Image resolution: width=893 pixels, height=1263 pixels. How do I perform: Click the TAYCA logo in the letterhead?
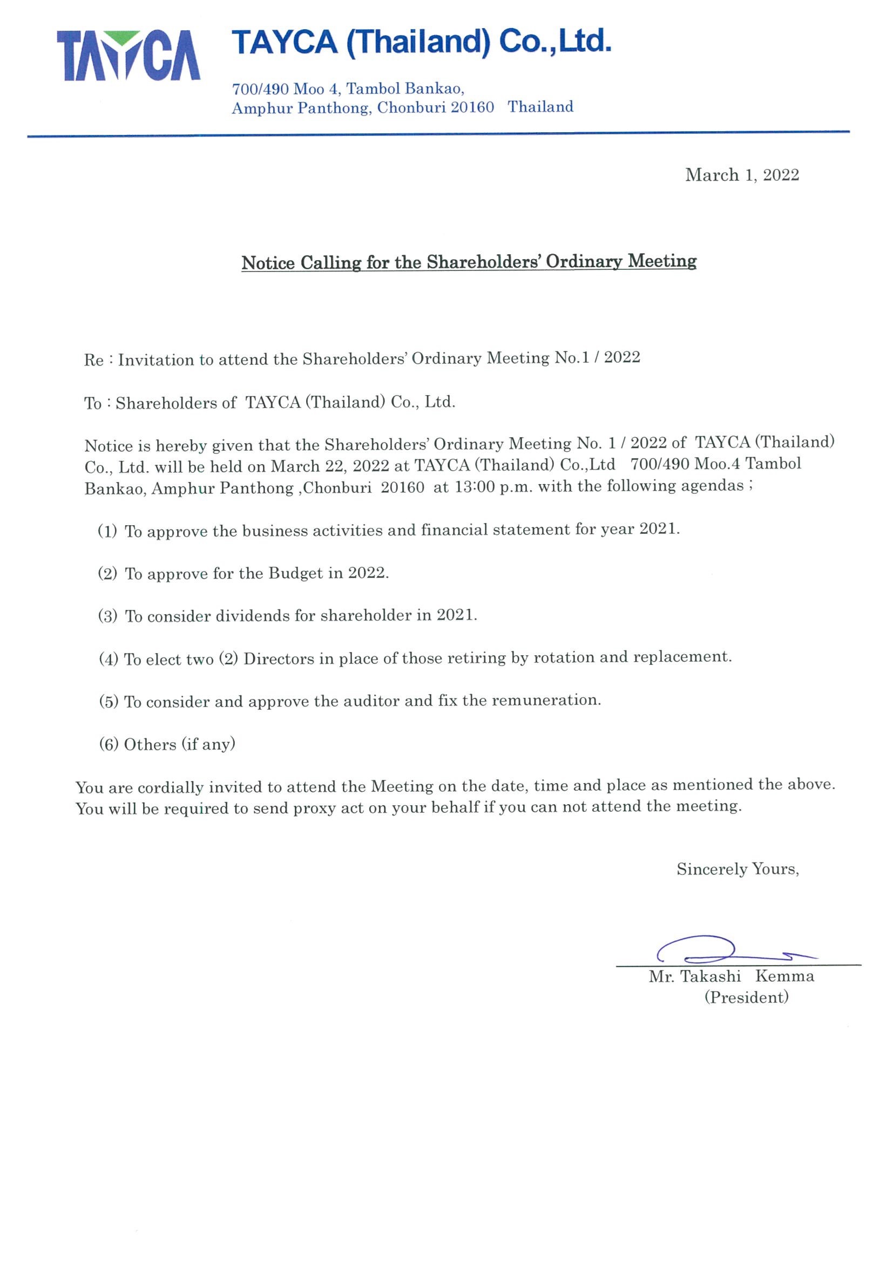point(128,56)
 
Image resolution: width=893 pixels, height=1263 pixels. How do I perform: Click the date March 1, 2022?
point(742,175)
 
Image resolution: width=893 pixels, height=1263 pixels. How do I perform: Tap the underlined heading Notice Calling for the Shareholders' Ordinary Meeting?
point(469,261)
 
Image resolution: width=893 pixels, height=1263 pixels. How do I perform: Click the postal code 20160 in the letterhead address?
point(472,107)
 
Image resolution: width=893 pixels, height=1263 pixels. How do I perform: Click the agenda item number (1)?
point(108,532)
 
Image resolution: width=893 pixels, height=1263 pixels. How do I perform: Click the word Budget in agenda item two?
point(295,573)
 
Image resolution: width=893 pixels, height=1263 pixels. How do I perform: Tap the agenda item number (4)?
point(109,659)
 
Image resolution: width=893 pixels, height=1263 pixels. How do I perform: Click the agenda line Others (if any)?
point(167,744)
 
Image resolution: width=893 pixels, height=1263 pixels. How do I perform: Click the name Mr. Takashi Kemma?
point(731,976)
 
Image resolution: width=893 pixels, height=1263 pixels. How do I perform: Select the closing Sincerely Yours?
point(738,869)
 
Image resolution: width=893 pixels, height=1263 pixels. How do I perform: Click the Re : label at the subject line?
point(98,361)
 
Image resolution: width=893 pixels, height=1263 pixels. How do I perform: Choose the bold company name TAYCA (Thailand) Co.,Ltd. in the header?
point(422,42)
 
